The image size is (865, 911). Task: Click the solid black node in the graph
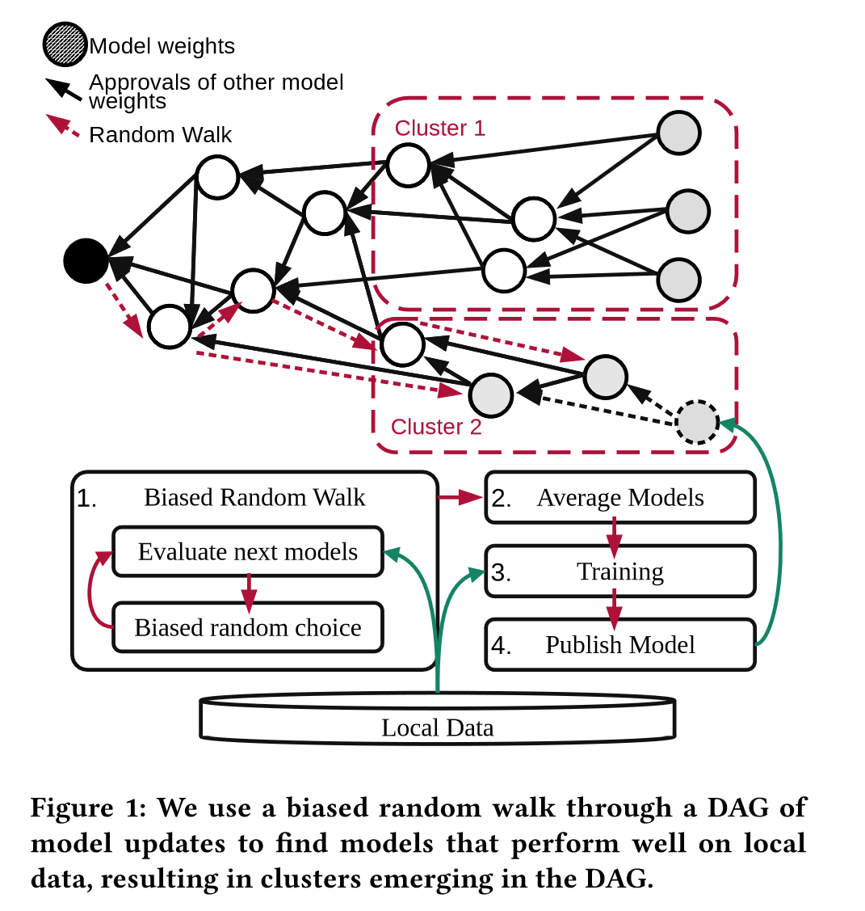point(86,261)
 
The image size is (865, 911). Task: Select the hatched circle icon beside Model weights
point(65,45)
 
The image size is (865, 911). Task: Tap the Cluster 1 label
point(439,129)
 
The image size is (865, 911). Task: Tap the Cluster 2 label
point(436,427)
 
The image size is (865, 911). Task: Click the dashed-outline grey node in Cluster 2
point(696,421)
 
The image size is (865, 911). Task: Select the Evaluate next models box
point(247,552)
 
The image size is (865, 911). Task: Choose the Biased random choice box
point(247,627)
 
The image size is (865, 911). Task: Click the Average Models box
point(619,498)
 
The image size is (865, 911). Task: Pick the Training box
point(619,571)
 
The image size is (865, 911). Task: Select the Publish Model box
point(619,645)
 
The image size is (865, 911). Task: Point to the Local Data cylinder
point(437,719)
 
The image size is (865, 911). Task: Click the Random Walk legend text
point(160,135)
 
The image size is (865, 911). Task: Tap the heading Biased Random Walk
point(254,498)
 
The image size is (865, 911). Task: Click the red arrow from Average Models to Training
point(614,534)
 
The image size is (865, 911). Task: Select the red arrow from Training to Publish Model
point(614,608)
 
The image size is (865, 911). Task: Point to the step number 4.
point(502,646)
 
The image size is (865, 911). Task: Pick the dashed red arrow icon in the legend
point(64,128)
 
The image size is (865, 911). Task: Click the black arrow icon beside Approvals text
point(64,90)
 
